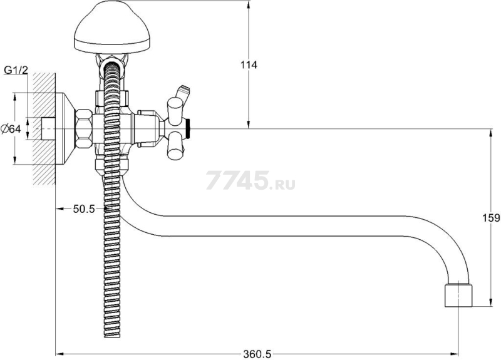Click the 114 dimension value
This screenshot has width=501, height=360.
(249, 65)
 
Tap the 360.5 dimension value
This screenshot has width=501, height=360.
(257, 354)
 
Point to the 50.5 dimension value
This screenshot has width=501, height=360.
(84, 209)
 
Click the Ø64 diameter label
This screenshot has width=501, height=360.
(11, 129)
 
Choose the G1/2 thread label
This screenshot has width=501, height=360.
(16, 70)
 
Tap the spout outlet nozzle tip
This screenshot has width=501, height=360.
(458, 295)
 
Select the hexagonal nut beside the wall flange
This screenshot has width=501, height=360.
(83, 128)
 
